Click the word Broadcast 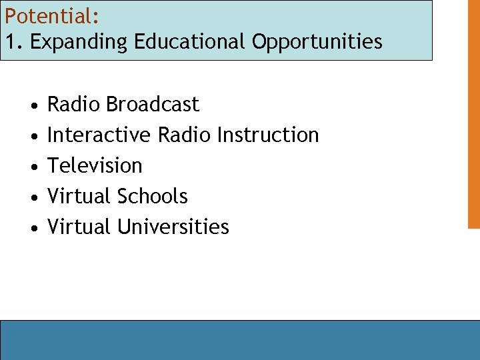tap(152, 105)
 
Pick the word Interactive tap(99, 135)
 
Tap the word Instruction tap(268, 135)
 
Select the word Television tap(95, 166)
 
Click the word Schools tap(152, 197)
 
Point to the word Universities tap(173, 227)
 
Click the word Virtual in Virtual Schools tap(79, 197)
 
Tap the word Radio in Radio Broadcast tap(73, 105)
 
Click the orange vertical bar tap(473, 113)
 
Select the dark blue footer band tap(240, 340)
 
